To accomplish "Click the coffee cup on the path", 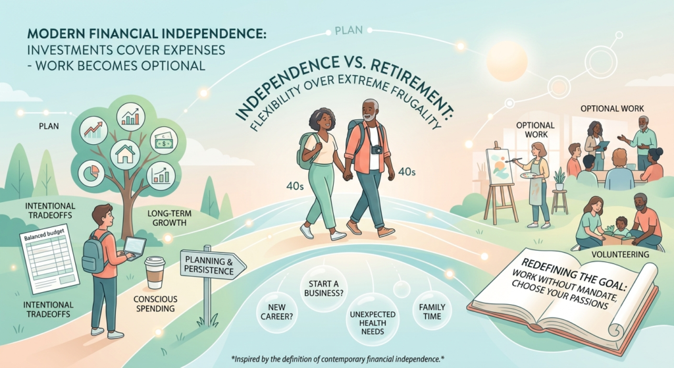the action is pyautogui.click(x=155, y=272).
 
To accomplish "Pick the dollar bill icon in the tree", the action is pyautogui.click(x=163, y=141).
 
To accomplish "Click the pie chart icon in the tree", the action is pyautogui.click(x=91, y=172).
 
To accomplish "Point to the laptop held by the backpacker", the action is pyautogui.click(x=135, y=248).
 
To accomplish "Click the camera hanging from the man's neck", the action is pyautogui.click(x=376, y=149).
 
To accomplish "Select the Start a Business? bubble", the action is pyautogui.click(x=324, y=288).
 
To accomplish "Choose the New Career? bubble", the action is pyautogui.click(x=276, y=312).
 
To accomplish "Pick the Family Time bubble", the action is pyautogui.click(x=432, y=311).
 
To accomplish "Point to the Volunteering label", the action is pyautogui.click(x=620, y=255).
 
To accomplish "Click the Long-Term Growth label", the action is pyautogui.click(x=169, y=218).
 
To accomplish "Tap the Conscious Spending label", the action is pyautogui.click(x=155, y=303).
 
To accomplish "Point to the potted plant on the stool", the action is pyautogui.click(x=559, y=179).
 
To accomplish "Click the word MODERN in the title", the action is pyautogui.click(x=49, y=34).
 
